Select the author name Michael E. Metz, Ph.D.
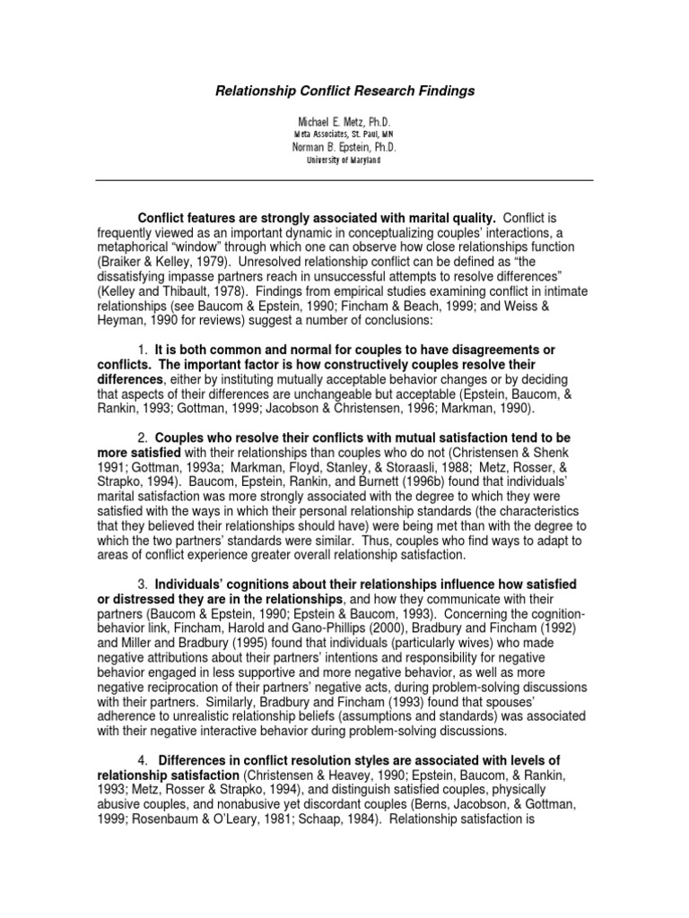pyautogui.click(x=344, y=120)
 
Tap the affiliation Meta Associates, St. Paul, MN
pyautogui.click(x=344, y=134)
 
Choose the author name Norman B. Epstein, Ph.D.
pyautogui.click(x=344, y=147)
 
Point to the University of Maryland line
pyautogui.click(x=344, y=160)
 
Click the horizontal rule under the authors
pyautogui.click(x=344, y=180)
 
